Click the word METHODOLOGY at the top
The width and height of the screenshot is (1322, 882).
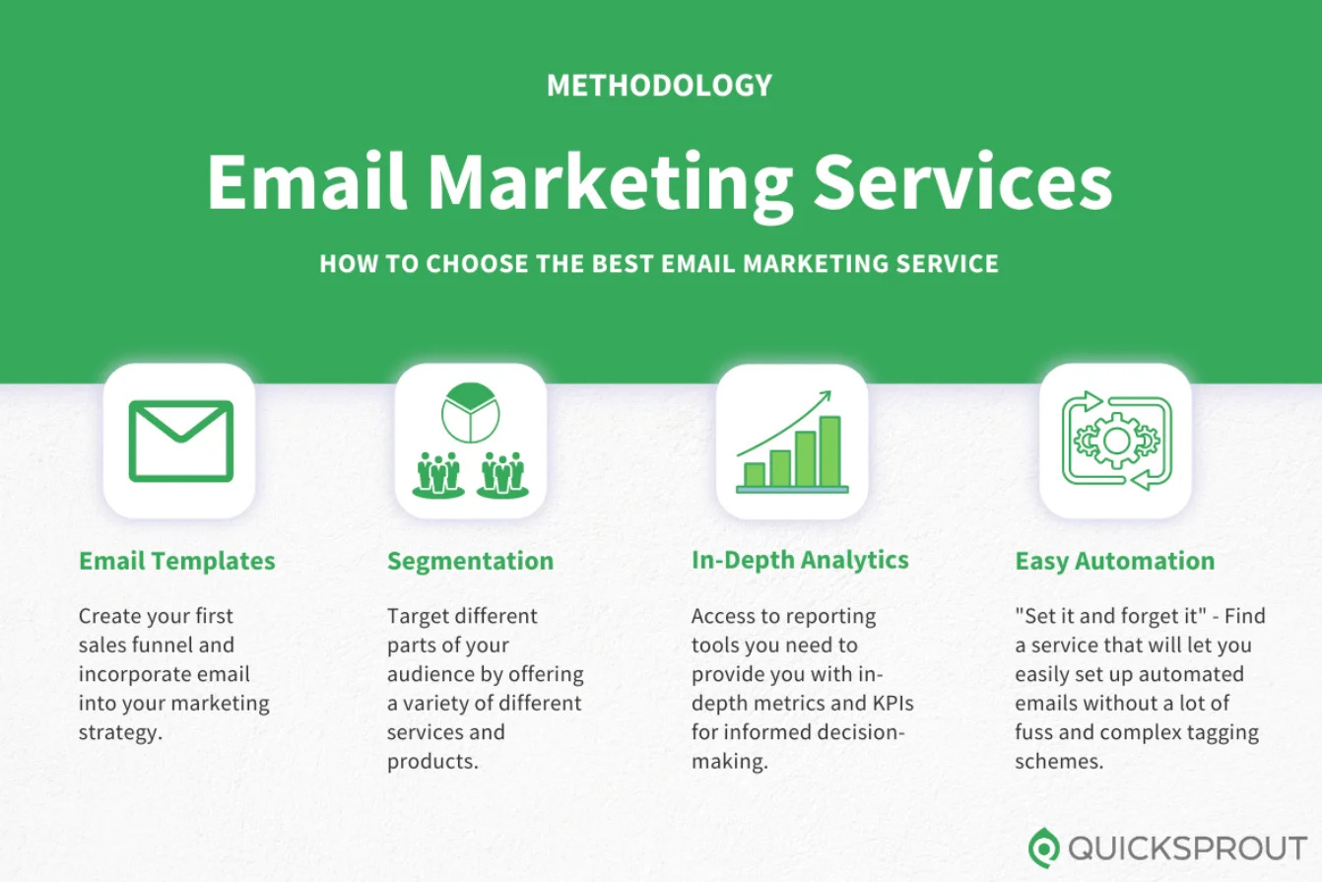pos(659,86)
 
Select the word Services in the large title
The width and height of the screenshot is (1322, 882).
pos(964,181)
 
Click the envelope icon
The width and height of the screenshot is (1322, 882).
pos(180,441)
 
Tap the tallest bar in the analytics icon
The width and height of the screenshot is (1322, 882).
pos(829,450)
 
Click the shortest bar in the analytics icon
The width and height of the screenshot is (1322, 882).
pos(755,474)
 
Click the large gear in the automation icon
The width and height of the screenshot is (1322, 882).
pos(1116,441)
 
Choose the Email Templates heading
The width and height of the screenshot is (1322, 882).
pos(177,561)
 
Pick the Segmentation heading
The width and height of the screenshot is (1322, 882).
pos(470,561)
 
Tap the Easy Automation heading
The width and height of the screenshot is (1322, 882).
pos(1114,561)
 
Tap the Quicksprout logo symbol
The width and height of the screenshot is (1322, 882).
pos(1043,847)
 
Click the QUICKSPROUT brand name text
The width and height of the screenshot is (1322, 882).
pos(1187,848)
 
